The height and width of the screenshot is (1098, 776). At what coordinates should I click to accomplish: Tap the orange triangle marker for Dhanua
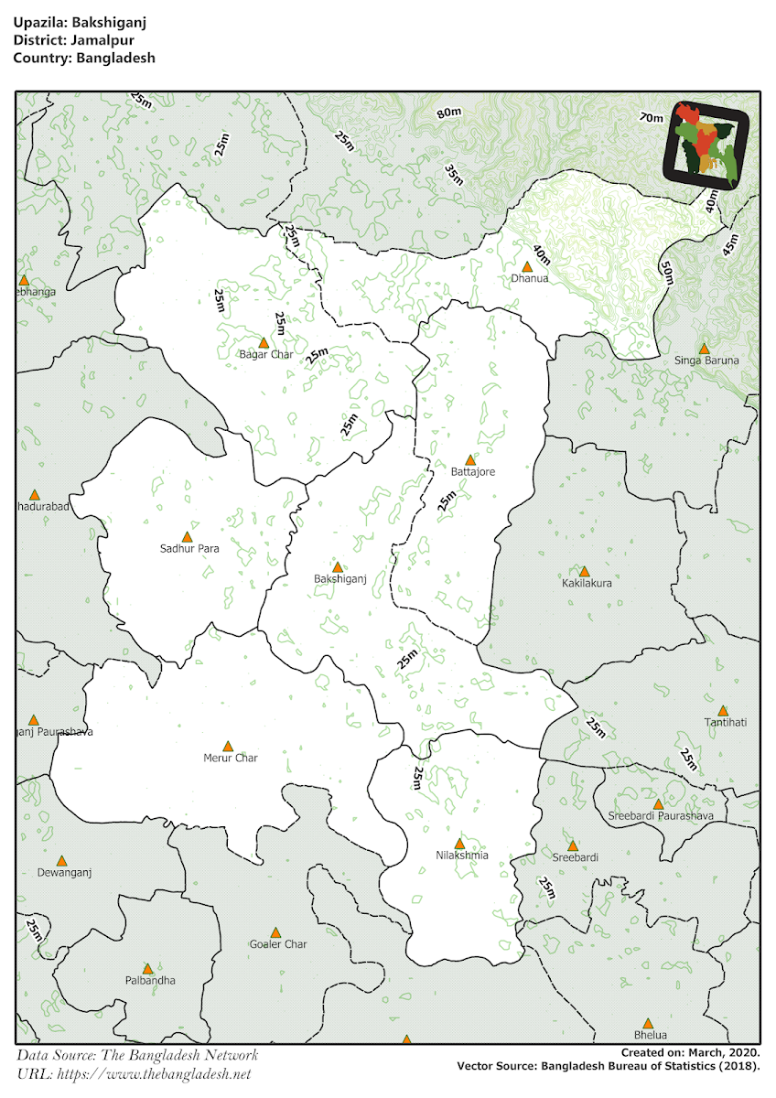[x=527, y=266]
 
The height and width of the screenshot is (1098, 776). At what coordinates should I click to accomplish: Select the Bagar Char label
[x=265, y=354]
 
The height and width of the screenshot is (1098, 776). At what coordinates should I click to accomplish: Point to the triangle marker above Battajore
[x=470, y=459]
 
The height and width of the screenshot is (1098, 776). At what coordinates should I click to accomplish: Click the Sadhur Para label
[x=189, y=549]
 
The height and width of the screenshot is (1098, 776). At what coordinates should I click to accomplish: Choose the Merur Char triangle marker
[x=228, y=746]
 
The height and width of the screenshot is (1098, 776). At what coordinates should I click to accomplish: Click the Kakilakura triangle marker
[x=584, y=570]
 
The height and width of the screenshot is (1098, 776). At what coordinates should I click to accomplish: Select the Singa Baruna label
[x=707, y=361]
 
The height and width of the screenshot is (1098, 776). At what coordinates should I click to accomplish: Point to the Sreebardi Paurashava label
[x=653, y=815]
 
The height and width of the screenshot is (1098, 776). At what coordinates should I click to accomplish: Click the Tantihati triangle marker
[x=723, y=710]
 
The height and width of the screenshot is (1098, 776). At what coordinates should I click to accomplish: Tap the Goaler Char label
[x=278, y=944]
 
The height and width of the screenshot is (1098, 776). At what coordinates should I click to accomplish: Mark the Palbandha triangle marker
[x=147, y=968]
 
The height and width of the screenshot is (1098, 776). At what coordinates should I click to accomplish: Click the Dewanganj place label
[x=64, y=873]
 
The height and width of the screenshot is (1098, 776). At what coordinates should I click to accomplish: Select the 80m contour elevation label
[x=448, y=113]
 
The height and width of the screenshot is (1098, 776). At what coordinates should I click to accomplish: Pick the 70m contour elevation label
[x=652, y=117]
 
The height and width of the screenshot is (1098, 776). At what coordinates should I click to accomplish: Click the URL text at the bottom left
[x=134, y=1074]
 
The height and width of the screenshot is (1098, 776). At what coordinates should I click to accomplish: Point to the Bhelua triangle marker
[x=648, y=1023]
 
